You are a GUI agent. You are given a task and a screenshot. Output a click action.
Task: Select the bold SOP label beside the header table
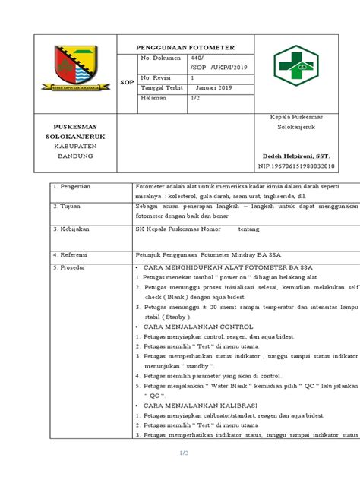pyautogui.click(x=126, y=84)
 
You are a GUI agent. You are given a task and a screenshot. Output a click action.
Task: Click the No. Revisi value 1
pyautogui.click(x=192, y=77)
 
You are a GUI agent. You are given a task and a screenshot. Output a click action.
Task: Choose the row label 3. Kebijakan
pyautogui.click(x=68, y=228)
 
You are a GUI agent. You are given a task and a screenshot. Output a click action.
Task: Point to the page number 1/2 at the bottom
pyautogui.click(x=183, y=453)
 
